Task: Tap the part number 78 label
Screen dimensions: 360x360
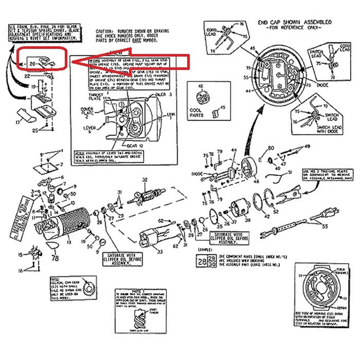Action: pyautogui.click(x=55, y=258)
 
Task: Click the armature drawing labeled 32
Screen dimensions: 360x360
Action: pyautogui.click(x=144, y=197)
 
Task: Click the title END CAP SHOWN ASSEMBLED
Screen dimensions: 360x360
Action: pyautogui.click(x=295, y=22)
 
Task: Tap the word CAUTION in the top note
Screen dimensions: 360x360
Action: pyautogui.click(x=105, y=32)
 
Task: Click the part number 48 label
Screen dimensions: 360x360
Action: pyautogui.click(x=307, y=147)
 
